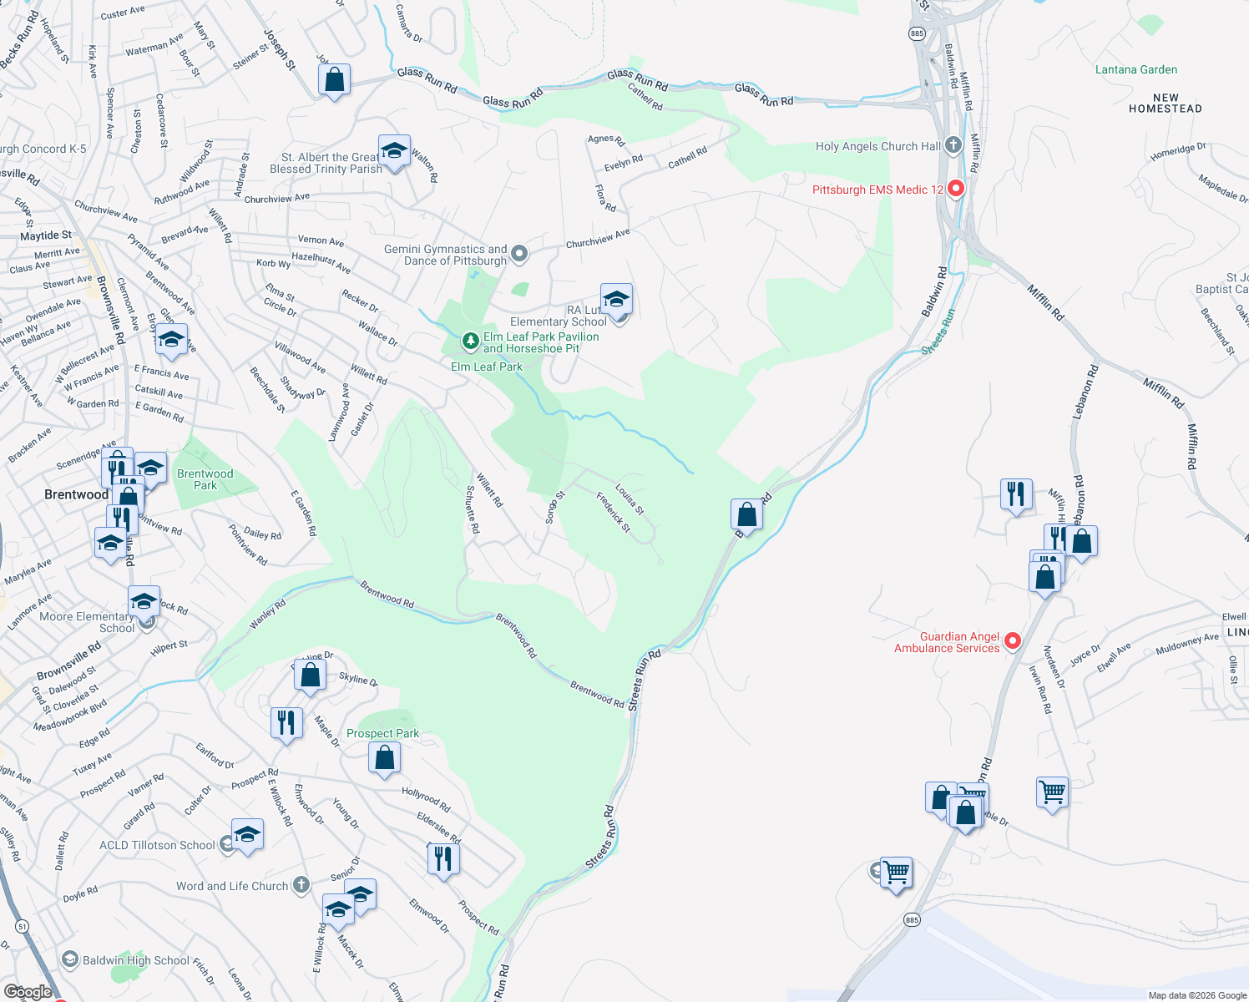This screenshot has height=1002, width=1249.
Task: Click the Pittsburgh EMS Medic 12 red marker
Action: pos(956,189)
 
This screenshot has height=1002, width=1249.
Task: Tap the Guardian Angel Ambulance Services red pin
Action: pos(1013,641)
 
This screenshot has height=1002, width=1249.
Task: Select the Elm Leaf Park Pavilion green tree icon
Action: pos(471,340)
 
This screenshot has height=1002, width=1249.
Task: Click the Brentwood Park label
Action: pos(205,479)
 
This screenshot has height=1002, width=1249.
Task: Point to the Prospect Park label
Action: pos(382,733)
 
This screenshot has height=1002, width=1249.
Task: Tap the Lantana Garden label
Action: pos(1135,70)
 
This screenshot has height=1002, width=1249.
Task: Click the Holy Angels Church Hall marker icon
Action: pos(953,146)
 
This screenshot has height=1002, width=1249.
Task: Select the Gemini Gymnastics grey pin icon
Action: pos(519,253)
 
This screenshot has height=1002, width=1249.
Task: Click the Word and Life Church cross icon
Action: pos(301,885)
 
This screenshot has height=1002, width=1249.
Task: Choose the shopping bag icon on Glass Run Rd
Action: pos(334,80)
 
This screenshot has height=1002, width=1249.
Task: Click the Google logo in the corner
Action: pos(28,991)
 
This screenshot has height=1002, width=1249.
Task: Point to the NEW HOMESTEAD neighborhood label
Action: pos(1165,104)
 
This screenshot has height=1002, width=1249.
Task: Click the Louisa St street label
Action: pos(630,498)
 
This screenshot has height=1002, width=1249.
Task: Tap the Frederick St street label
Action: pos(614,512)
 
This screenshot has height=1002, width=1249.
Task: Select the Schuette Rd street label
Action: pos(473,509)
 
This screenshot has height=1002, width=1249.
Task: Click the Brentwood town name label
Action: pos(76,494)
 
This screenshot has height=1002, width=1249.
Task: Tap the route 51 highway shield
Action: pos(23,926)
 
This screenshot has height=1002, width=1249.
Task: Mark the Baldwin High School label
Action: pos(136,960)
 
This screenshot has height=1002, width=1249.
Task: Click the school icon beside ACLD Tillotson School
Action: pos(247,835)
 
